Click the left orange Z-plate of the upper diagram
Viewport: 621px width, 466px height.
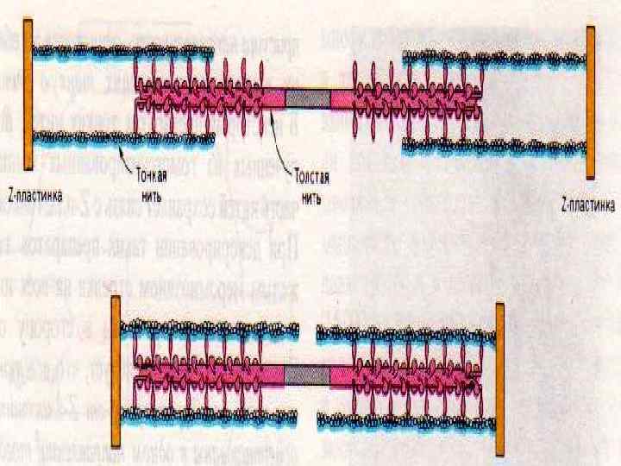point(28,93)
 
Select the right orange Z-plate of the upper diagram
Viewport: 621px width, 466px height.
point(591,102)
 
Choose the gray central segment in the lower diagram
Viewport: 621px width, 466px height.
point(307,375)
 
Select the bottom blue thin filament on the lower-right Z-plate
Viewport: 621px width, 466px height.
point(405,419)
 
